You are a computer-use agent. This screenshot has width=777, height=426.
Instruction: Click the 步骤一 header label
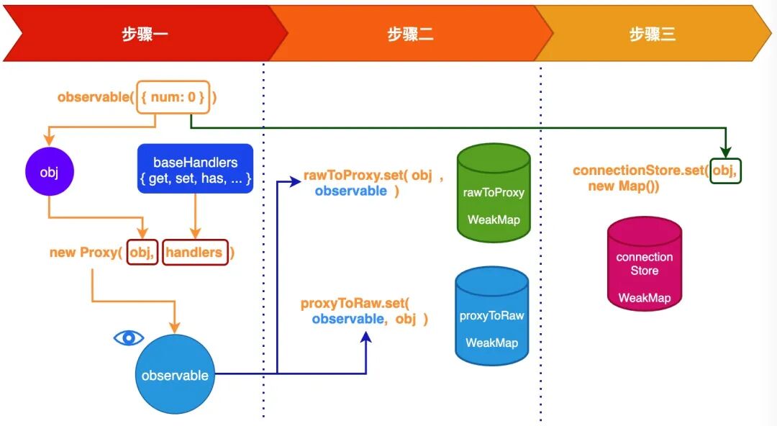145,34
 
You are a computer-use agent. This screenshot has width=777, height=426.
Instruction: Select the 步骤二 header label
410,34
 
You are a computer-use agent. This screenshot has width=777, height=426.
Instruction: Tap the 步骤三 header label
653,34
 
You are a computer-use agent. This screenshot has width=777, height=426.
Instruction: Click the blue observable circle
175,375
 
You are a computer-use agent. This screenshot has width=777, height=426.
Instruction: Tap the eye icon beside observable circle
129,338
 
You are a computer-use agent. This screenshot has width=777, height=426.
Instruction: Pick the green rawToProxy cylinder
493,192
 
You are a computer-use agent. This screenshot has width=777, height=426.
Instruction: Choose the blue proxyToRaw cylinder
491,317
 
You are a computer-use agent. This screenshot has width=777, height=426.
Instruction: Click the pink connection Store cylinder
644,264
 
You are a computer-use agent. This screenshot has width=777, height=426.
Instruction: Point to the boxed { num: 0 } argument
173,96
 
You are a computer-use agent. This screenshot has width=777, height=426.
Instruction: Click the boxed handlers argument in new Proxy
194,253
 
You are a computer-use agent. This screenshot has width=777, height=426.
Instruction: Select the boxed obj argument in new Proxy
142,253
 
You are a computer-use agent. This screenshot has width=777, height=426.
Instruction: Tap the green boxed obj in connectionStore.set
724,171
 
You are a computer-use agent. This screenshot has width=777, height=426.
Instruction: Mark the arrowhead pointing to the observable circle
175,328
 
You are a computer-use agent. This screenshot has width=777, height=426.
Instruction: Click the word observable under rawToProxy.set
350,191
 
